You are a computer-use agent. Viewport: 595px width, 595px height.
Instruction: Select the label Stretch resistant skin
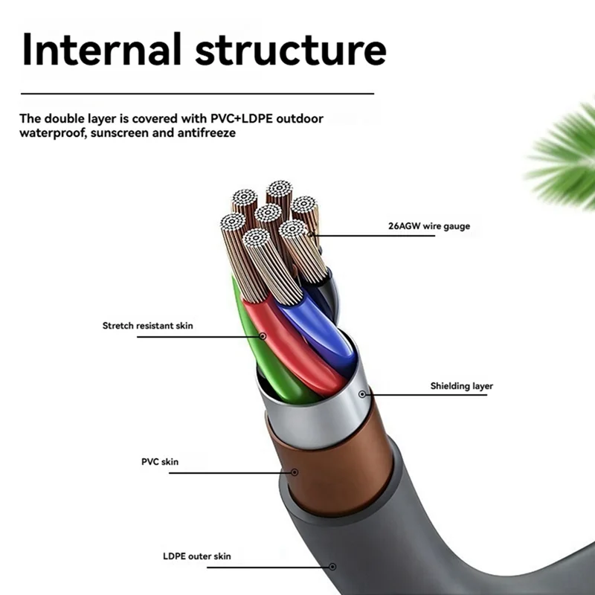[x=148, y=326]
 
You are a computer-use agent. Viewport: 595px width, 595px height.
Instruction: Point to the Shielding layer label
[x=461, y=386]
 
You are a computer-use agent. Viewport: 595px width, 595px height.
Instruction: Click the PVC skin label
[x=160, y=462]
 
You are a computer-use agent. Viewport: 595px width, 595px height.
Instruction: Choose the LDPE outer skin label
[x=197, y=556]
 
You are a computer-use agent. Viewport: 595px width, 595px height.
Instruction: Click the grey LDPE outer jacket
[x=416, y=535]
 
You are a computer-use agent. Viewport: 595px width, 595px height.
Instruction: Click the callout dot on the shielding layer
[x=362, y=393]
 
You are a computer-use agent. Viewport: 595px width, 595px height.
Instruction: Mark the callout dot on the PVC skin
[x=295, y=472]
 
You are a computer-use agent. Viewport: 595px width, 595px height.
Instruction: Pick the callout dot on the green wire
[x=262, y=335]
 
